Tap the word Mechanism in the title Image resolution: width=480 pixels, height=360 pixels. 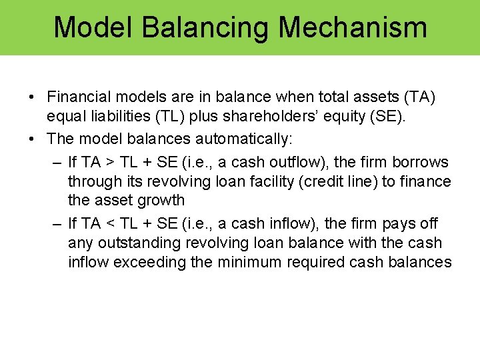pos(353,27)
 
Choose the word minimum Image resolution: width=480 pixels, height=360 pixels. pos(246,262)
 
